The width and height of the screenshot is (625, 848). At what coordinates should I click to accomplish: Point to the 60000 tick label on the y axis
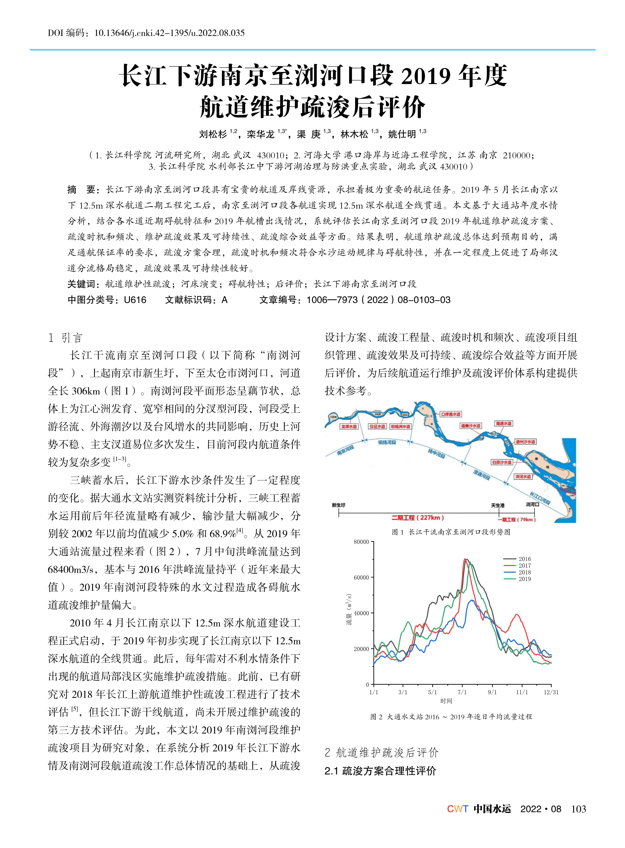(361, 578)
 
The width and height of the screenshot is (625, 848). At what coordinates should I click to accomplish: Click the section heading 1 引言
(65, 338)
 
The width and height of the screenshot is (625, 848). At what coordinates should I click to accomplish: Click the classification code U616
(135, 300)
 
